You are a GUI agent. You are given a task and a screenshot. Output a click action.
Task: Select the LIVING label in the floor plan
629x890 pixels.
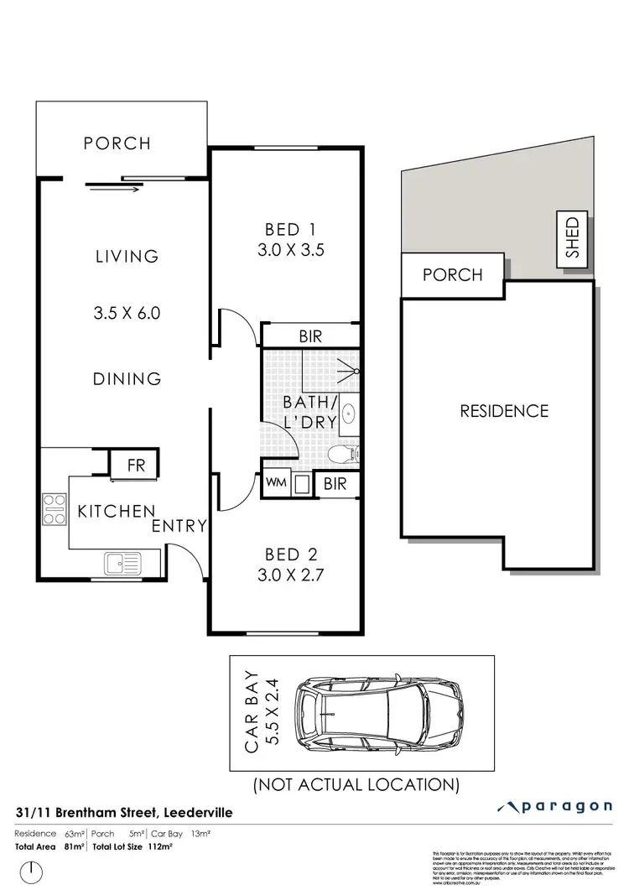pyautogui.click(x=127, y=256)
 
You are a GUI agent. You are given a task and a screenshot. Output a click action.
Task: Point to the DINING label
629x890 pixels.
pyautogui.click(x=127, y=379)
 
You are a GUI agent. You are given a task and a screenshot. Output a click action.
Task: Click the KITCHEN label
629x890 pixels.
pyautogui.click(x=117, y=511)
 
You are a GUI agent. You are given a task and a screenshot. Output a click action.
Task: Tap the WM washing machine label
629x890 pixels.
pyautogui.click(x=275, y=483)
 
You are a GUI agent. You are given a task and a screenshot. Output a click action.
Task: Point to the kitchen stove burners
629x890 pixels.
pyautogui.click(x=55, y=508)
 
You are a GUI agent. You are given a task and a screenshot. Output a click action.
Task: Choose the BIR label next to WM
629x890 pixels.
pyautogui.click(x=335, y=484)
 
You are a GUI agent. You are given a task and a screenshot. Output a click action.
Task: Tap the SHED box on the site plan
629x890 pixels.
pyautogui.click(x=574, y=238)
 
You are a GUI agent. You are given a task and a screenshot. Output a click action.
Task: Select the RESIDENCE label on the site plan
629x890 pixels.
pyautogui.click(x=504, y=411)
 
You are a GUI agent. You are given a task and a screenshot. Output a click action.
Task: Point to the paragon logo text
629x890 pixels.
pyautogui.click(x=563, y=807)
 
